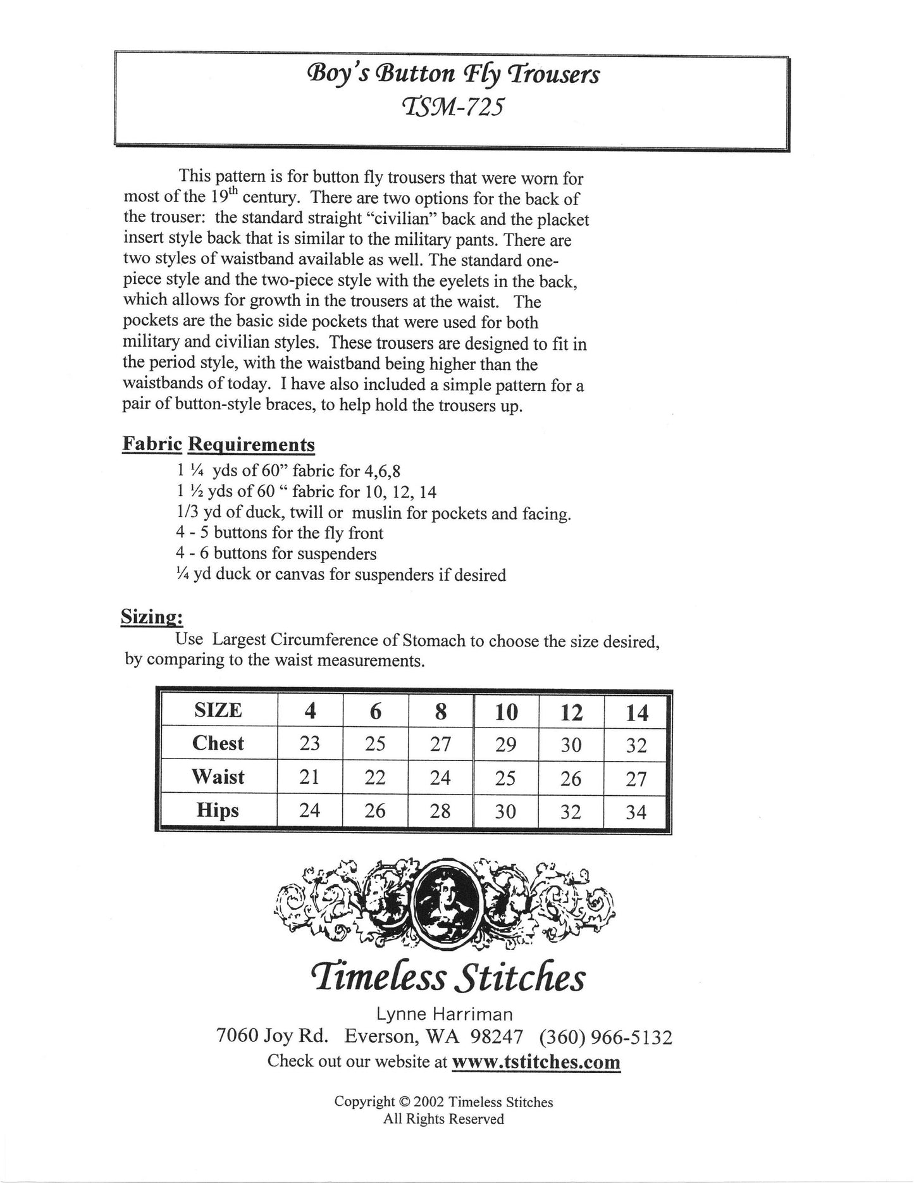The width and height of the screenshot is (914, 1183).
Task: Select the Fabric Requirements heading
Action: pyautogui.click(x=218, y=445)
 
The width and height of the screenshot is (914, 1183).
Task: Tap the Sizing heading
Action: pyautogui.click(x=152, y=617)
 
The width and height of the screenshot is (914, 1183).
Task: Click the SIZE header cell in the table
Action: pyautogui.click(x=218, y=710)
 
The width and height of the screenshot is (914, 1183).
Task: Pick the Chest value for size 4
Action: pyautogui.click(x=310, y=743)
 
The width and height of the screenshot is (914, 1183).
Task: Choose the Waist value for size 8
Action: pyautogui.click(x=440, y=777)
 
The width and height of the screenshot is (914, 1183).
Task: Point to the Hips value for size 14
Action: pyautogui.click(x=636, y=811)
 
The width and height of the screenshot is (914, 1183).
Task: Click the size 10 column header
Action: pyautogui.click(x=506, y=712)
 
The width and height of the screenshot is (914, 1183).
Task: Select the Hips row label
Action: pyautogui.click(x=218, y=810)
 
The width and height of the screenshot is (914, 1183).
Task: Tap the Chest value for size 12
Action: pyautogui.click(x=571, y=745)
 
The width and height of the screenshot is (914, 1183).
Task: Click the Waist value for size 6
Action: pyautogui.click(x=375, y=777)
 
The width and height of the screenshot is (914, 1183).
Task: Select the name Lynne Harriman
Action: pyautogui.click(x=444, y=1014)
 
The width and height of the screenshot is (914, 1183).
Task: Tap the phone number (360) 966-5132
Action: pyautogui.click(x=605, y=1037)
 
